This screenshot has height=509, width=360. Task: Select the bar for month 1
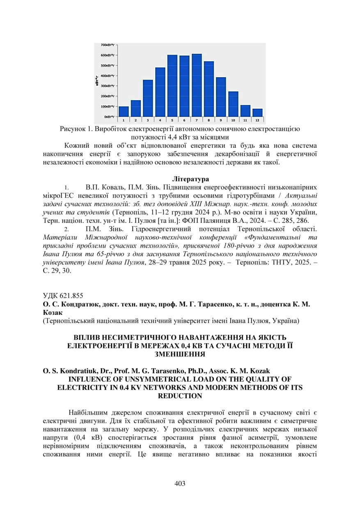(x=124, y=112)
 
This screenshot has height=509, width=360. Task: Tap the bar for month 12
(x=257, y=113)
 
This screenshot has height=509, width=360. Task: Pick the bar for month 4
(x=160, y=92)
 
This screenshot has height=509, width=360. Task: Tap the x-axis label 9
(x=221, y=120)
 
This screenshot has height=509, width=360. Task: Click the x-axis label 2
(x=136, y=120)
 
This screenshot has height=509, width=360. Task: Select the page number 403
(x=180, y=483)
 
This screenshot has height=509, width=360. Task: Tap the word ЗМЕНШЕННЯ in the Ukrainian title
(x=180, y=353)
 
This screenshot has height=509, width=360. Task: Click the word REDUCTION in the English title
(x=180, y=396)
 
